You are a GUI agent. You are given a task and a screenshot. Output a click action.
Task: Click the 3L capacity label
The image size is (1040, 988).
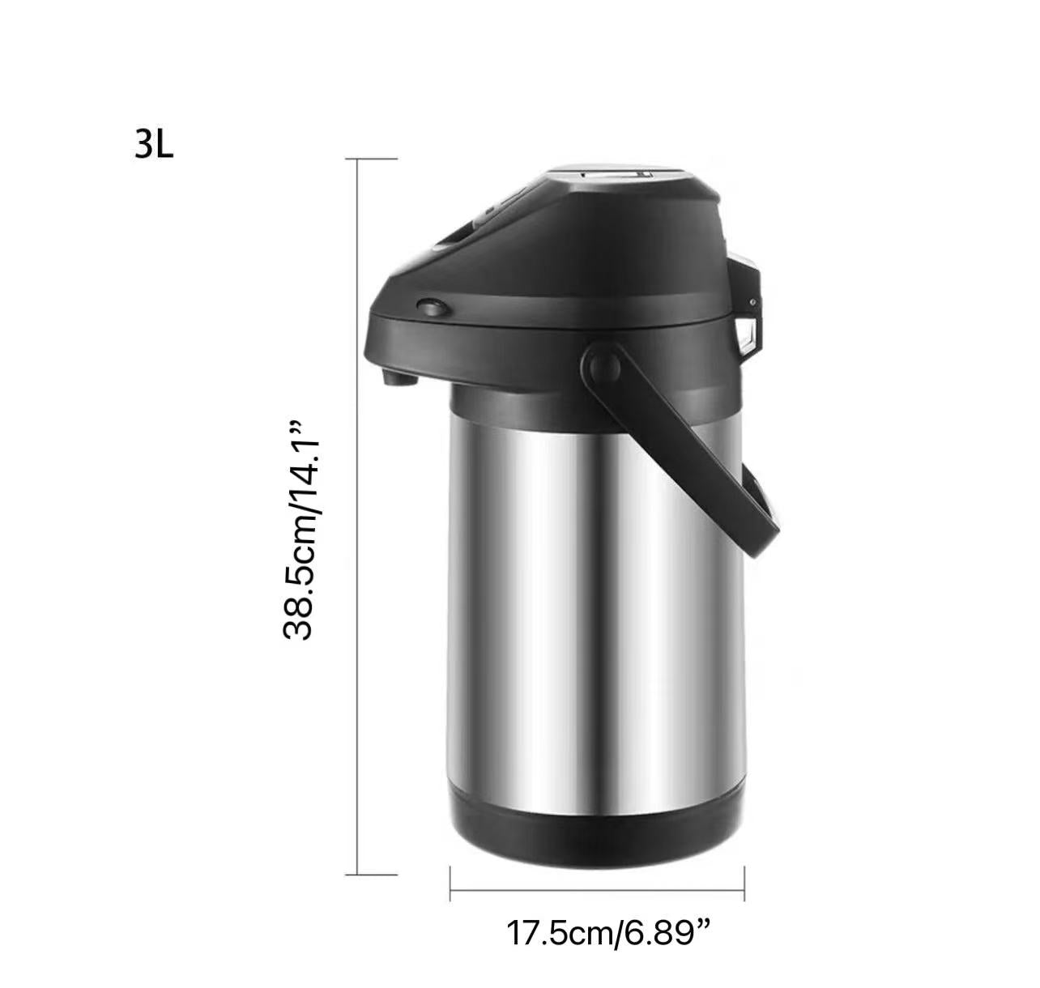pyautogui.click(x=154, y=146)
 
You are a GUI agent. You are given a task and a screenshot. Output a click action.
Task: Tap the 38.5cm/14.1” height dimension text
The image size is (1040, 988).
pyautogui.click(x=302, y=529)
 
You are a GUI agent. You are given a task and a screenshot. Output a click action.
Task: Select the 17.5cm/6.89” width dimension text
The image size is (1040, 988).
pyautogui.click(x=608, y=933)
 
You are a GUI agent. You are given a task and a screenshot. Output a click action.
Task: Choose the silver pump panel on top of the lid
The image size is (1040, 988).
pyautogui.click(x=616, y=173)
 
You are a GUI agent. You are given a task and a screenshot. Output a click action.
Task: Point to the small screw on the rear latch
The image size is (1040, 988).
pyautogui.click(x=752, y=301)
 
